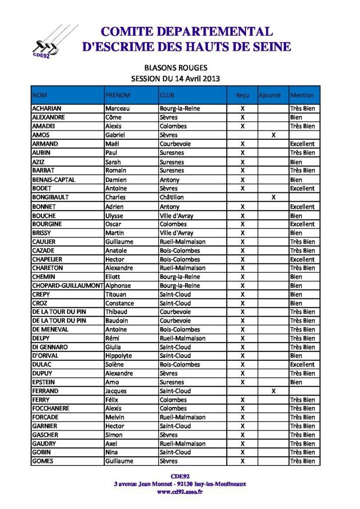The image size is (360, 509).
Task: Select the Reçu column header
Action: click(x=243, y=95)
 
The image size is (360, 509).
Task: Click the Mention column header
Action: click(x=302, y=95)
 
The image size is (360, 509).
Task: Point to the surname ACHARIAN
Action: click(x=46, y=108)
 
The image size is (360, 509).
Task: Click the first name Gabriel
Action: click(x=115, y=135)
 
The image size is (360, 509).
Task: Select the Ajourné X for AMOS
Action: click(x=273, y=135)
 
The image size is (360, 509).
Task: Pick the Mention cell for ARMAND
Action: click(x=302, y=144)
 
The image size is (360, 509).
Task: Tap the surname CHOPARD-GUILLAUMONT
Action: click(x=67, y=285)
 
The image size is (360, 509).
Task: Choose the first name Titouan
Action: click(x=116, y=294)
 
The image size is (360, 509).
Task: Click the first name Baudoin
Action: click(x=116, y=321)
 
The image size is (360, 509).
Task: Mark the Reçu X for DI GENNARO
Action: click(x=243, y=347)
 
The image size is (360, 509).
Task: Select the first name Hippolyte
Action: click(x=119, y=356)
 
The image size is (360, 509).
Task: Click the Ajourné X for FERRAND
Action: click(x=273, y=391)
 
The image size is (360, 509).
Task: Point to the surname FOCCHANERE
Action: click(x=51, y=408)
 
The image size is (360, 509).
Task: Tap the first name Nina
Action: click(x=112, y=452)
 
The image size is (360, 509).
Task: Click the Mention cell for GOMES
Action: click(x=302, y=461)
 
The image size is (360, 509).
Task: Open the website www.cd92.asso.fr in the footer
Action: click(x=180, y=492)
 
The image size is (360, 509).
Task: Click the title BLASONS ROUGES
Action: click(x=176, y=68)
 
